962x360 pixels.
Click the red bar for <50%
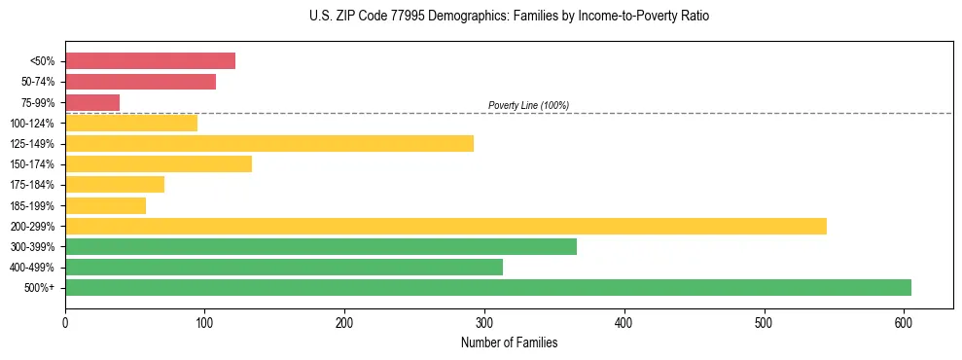150,61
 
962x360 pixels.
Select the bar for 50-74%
140,82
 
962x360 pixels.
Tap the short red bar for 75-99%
92,102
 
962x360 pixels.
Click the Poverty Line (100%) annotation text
528,105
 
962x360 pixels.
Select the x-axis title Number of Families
509,342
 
